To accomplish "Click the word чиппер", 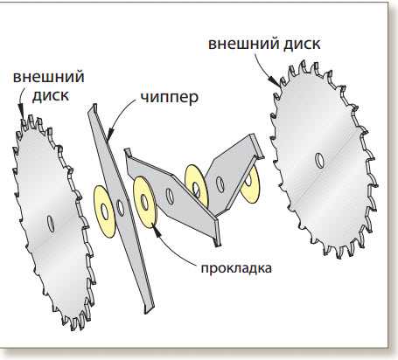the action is tap(170, 98).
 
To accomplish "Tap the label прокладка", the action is tap(236, 268).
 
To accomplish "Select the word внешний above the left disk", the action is tap(49, 77).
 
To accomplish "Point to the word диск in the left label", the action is tap(51, 95).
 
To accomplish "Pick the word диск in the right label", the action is tap(303, 44).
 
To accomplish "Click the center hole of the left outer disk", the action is tap(52, 224).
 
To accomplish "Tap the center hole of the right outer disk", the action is tap(319, 161).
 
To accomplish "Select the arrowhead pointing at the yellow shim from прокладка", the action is tap(157, 232).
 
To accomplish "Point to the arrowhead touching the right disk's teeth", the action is tap(274, 80).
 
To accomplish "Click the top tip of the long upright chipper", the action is tap(94, 105).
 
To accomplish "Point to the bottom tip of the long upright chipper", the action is tap(146, 312).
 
